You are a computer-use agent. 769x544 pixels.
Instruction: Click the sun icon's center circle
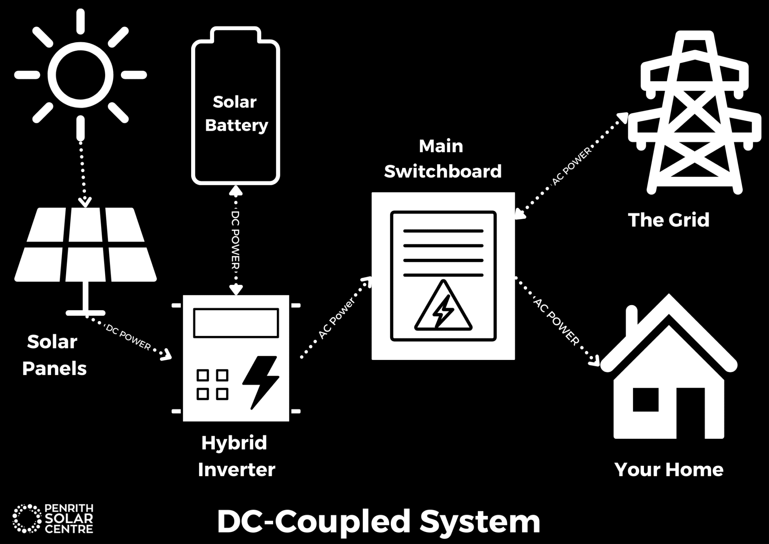[80, 75]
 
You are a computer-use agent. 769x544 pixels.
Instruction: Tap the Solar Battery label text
[236, 113]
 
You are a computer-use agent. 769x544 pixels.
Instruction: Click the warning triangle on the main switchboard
[443, 308]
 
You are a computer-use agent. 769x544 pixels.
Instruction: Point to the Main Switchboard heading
[442, 159]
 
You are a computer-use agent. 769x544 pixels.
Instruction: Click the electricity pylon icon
[695, 113]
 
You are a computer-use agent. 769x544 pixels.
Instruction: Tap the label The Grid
[669, 220]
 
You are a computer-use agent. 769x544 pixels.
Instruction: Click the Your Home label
[669, 470]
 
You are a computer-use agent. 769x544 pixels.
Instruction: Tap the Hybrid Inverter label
[236, 456]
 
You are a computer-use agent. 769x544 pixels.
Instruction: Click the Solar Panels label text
[53, 355]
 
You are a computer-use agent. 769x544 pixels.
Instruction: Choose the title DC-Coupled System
[378, 521]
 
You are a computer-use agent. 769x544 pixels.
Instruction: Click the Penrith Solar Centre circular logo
[26, 518]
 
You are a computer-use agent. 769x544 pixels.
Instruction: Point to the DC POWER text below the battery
[235, 240]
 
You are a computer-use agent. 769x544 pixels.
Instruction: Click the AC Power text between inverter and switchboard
[336, 319]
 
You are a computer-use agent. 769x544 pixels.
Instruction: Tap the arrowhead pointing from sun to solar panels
[85, 203]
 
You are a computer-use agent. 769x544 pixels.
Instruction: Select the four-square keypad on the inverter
[213, 385]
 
